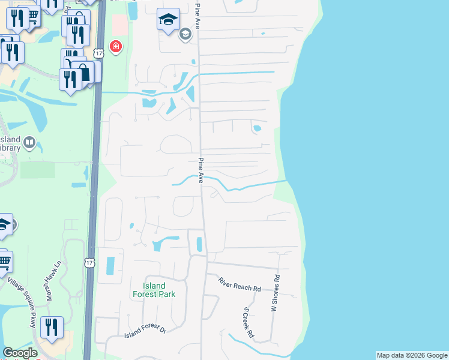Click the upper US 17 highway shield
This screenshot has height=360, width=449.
99,53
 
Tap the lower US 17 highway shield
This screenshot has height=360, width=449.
89,263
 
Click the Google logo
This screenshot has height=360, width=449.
20,353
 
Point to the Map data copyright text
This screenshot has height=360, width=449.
412,355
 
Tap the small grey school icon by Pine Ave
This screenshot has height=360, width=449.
185,34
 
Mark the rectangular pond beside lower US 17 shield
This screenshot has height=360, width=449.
110,265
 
